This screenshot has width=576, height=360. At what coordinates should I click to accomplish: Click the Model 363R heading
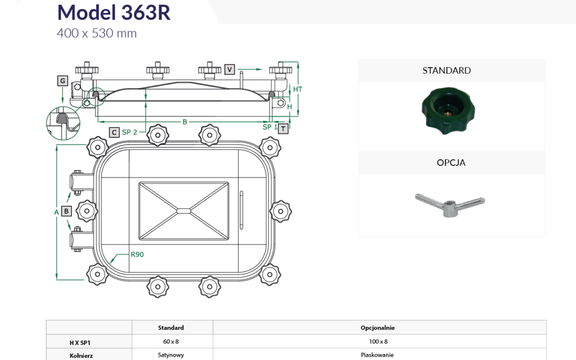pyautogui.click(x=114, y=12)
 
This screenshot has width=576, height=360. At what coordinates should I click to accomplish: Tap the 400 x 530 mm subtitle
pyautogui.click(x=97, y=34)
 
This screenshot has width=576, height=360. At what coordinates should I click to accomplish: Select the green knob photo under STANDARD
pyautogui.click(x=448, y=110)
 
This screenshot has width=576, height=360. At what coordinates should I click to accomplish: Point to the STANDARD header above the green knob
pyautogui.click(x=446, y=70)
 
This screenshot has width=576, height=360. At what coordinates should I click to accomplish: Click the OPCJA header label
pyautogui.click(x=451, y=163)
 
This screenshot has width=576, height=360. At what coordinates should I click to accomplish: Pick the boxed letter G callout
pyautogui.click(x=63, y=81)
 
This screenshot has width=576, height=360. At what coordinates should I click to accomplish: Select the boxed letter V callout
pyautogui.click(x=229, y=69)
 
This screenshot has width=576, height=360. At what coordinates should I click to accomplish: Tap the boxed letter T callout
pyautogui.click(x=283, y=129)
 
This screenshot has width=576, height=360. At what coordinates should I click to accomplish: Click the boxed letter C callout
pyautogui.click(x=114, y=132)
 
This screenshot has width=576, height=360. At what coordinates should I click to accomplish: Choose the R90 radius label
pyautogui.click(x=137, y=254)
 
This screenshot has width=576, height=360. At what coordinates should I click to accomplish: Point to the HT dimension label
pyautogui.click(x=298, y=89)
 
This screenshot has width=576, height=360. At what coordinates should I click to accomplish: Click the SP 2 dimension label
pyautogui.click(x=130, y=132)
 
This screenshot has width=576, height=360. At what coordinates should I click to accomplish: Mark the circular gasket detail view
pyautogui.click(x=63, y=123)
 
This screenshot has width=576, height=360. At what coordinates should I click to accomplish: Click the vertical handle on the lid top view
pyautogui.click(x=242, y=210)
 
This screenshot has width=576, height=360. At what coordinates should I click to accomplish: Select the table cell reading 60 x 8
pyautogui.click(x=171, y=342)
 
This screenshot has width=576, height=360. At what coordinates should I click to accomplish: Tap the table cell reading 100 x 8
pyautogui.click(x=378, y=342)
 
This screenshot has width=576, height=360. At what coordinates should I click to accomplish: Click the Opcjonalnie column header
pyautogui.click(x=378, y=327)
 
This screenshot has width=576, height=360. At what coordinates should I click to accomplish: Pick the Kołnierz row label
pyautogui.click(x=81, y=356)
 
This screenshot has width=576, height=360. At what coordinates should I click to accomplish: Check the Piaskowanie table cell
pyautogui.click(x=377, y=355)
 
